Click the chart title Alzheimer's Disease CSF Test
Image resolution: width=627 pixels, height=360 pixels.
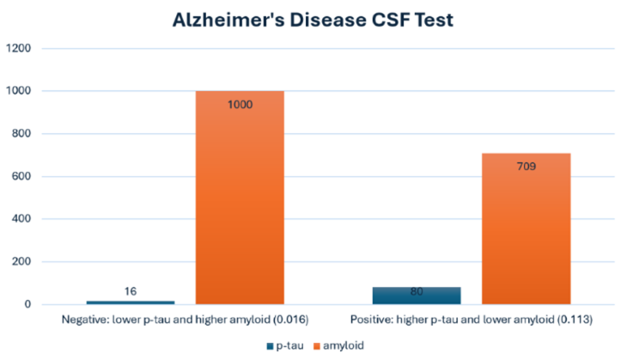(x=313, y=18)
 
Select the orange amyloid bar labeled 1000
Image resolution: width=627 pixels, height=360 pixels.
(x=240, y=206)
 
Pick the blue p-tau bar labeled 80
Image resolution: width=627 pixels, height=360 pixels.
(x=417, y=296)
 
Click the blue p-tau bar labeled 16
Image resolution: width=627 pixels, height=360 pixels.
(x=131, y=302)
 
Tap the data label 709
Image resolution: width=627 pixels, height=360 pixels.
(x=526, y=166)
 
